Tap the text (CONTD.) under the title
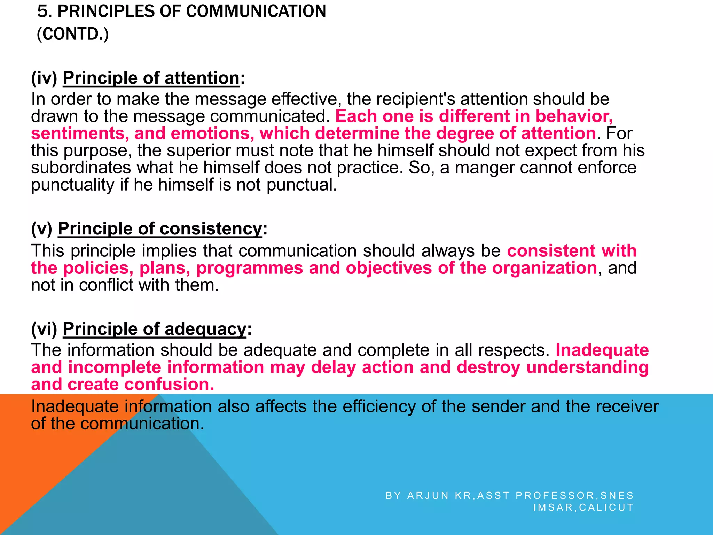point(73,34)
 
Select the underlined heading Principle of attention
point(151,78)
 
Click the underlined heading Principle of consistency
point(160,229)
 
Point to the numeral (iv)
point(44,78)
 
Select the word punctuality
point(72,185)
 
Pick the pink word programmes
point(250,268)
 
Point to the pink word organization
point(544,268)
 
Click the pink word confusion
point(169,384)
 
